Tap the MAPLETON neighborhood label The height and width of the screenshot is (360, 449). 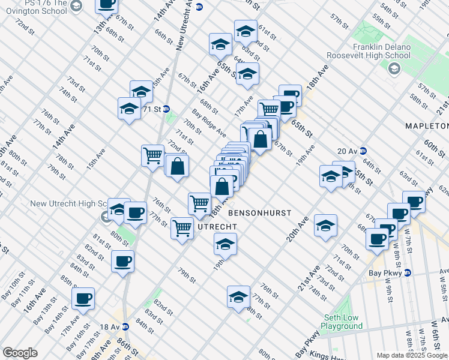427,126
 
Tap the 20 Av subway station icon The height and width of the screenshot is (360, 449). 363,151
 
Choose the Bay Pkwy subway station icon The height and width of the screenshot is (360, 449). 408,272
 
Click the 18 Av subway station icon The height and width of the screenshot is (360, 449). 125,327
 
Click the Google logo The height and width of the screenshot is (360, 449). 20,353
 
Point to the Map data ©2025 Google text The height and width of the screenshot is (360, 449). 412,355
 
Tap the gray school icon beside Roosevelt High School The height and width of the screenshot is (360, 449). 394,69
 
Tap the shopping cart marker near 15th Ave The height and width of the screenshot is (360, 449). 152,155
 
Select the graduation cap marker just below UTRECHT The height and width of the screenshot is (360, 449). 225,244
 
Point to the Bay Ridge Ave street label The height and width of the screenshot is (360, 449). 209,122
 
